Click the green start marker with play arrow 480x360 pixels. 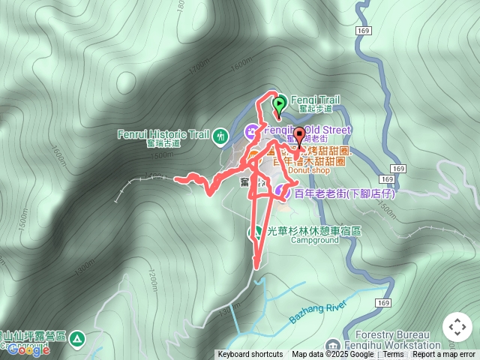pyautogui.click(x=279, y=103)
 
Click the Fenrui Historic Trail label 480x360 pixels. pyautogui.click(x=163, y=135)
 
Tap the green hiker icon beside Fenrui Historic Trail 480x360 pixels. pyautogui.click(x=220, y=136)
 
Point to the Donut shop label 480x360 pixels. pyautogui.click(x=309, y=170)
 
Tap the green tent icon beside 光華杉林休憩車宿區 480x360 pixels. pyautogui.click(x=256, y=231)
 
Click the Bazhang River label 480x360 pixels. pyautogui.click(x=316, y=309)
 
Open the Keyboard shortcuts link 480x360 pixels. pyautogui.click(x=250, y=355)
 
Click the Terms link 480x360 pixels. pyautogui.click(x=393, y=355)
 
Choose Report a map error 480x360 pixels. pyautogui.click(x=444, y=355)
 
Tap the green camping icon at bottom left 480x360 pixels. pyautogui.click(x=76, y=340)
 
